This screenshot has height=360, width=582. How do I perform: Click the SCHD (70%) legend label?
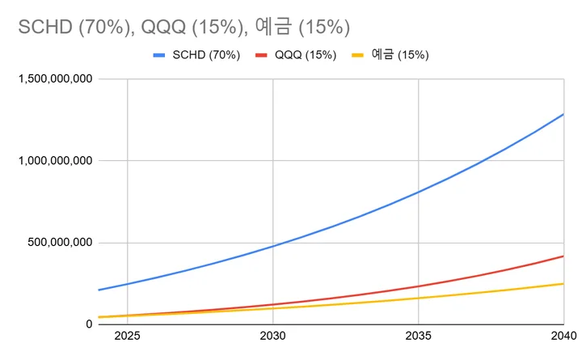point(207,56)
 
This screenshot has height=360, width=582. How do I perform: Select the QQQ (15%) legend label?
point(306,56)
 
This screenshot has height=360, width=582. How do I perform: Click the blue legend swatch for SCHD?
point(159,56)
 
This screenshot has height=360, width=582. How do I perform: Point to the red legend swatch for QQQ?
point(261,56)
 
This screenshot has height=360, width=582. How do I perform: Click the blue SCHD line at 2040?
point(563,114)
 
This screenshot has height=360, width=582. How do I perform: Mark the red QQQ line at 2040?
point(563,256)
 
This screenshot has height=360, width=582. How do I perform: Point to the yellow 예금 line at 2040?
point(563,284)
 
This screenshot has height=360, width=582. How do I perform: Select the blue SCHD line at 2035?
point(418,193)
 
